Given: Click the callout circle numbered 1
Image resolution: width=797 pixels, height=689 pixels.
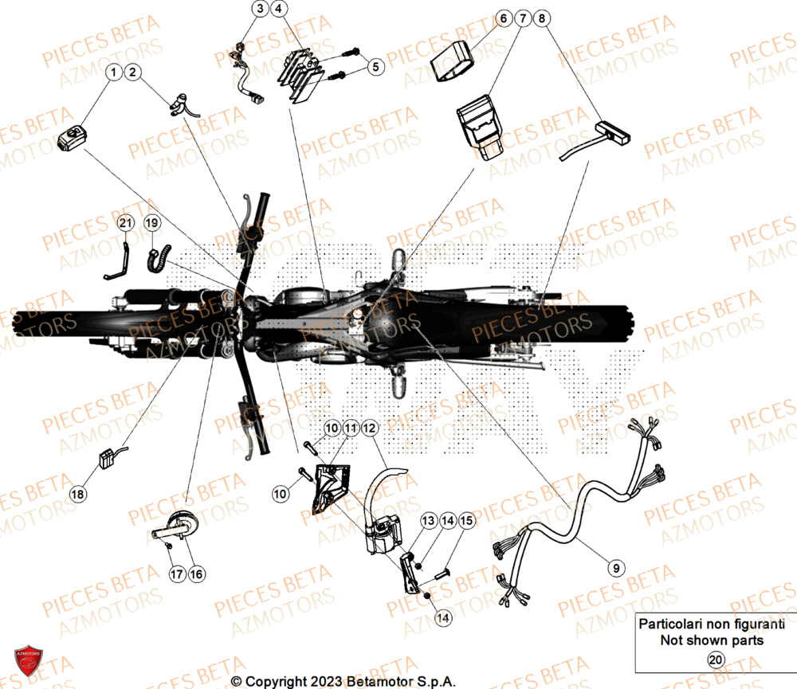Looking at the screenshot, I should (114, 73).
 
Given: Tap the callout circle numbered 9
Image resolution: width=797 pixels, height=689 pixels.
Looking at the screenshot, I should (615, 568).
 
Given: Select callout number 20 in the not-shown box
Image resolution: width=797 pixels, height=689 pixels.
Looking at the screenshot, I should (716, 660).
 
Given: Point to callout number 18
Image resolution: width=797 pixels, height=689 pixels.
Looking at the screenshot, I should (77, 495).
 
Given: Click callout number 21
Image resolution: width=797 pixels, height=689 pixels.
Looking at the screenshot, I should (124, 224).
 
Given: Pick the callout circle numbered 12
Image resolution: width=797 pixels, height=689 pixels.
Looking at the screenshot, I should (368, 429).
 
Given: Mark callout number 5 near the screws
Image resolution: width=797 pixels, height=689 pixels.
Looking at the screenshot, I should (374, 68).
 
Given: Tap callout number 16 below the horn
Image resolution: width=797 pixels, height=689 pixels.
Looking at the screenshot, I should (195, 574).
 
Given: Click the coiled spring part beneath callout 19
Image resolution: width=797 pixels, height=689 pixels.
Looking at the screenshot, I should (155, 258).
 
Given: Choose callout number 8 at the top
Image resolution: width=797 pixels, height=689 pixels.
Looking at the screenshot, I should (542, 18).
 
